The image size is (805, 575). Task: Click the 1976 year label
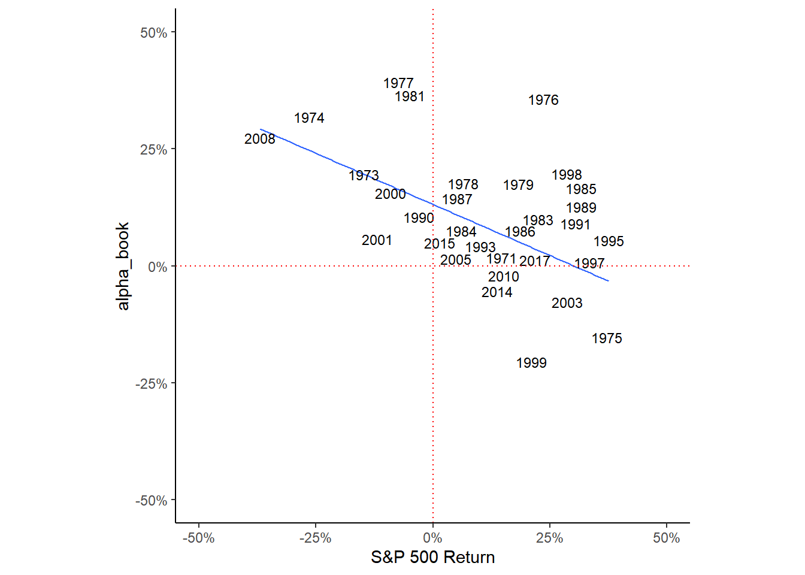(543, 100)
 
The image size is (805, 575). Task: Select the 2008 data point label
(259, 139)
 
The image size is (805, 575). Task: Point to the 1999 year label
(531, 363)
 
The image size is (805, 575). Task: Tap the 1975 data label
(607, 338)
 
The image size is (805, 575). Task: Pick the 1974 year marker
(309, 118)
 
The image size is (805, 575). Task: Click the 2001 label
(377, 240)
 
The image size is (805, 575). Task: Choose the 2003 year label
(567, 303)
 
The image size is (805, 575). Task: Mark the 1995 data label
(609, 241)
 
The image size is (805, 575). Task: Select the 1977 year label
(398, 83)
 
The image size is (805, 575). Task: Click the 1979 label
(518, 185)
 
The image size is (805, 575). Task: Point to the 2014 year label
(497, 292)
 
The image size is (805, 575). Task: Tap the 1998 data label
(567, 175)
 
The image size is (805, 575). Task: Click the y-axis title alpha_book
(123, 266)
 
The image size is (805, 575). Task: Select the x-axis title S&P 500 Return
(432, 558)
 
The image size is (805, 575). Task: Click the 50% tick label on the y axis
(154, 33)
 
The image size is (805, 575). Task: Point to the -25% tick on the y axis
(152, 384)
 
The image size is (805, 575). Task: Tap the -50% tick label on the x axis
(198, 538)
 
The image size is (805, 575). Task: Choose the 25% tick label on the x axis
(549, 538)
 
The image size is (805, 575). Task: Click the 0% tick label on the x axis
(432, 538)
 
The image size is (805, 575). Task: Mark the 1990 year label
(419, 218)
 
